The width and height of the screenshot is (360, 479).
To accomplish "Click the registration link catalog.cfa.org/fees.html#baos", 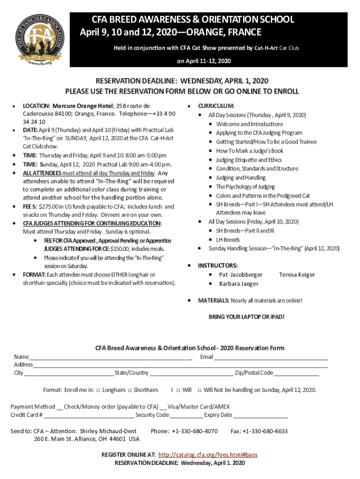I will click(x=208, y=455).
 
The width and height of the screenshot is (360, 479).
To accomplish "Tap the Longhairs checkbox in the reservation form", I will click(x=98, y=390).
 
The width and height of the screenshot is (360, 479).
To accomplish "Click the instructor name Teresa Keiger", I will click(x=297, y=275).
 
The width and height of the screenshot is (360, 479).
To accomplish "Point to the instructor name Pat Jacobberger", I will click(x=241, y=275).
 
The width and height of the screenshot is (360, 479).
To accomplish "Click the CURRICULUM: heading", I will click(x=216, y=106).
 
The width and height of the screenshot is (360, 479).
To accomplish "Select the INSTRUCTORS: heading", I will click(x=217, y=266).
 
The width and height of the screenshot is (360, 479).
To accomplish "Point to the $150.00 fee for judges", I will click(x=121, y=248).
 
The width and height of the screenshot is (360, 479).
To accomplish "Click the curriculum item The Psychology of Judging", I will click(x=245, y=187).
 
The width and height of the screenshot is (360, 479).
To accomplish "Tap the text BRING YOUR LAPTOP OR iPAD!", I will click(x=246, y=317).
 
